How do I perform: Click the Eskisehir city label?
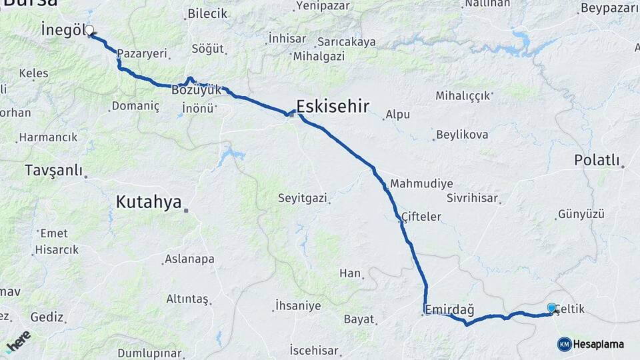(332, 105)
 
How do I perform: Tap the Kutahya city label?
(149, 201)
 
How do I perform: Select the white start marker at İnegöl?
(89, 30)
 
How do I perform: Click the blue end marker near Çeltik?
(551, 307)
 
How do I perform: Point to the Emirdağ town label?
(450, 309)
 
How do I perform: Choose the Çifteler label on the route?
(422, 217)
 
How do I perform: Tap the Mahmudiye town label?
(421, 183)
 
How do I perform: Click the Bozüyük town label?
(195, 89)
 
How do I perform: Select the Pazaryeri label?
(141, 53)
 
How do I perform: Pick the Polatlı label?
(597, 161)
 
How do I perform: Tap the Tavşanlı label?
(53, 170)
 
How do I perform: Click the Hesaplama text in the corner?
(599, 344)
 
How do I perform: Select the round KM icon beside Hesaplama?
(564, 344)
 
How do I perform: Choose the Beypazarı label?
(609, 8)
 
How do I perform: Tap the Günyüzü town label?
(581, 214)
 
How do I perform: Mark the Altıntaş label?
(187, 299)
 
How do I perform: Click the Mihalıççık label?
(467, 97)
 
